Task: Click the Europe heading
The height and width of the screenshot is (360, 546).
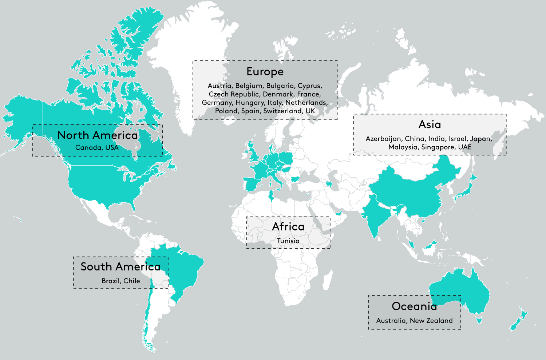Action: [x=265, y=72]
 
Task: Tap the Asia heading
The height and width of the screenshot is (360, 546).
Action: [x=430, y=124]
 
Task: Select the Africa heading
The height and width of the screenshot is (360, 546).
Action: [x=288, y=226]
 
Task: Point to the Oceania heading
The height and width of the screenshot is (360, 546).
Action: [x=414, y=306]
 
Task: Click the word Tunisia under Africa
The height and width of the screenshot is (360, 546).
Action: [x=288, y=241]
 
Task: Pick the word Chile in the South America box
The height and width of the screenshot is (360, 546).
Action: [x=131, y=281]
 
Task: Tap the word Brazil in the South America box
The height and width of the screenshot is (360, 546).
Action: [x=110, y=281]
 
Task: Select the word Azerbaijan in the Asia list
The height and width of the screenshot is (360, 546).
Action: [x=383, y=139]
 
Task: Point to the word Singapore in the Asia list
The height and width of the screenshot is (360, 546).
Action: [x=438, y=147]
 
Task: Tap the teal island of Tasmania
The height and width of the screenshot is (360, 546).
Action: [x=479, y=320]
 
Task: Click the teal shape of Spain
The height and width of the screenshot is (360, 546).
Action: [x=251, y=184]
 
